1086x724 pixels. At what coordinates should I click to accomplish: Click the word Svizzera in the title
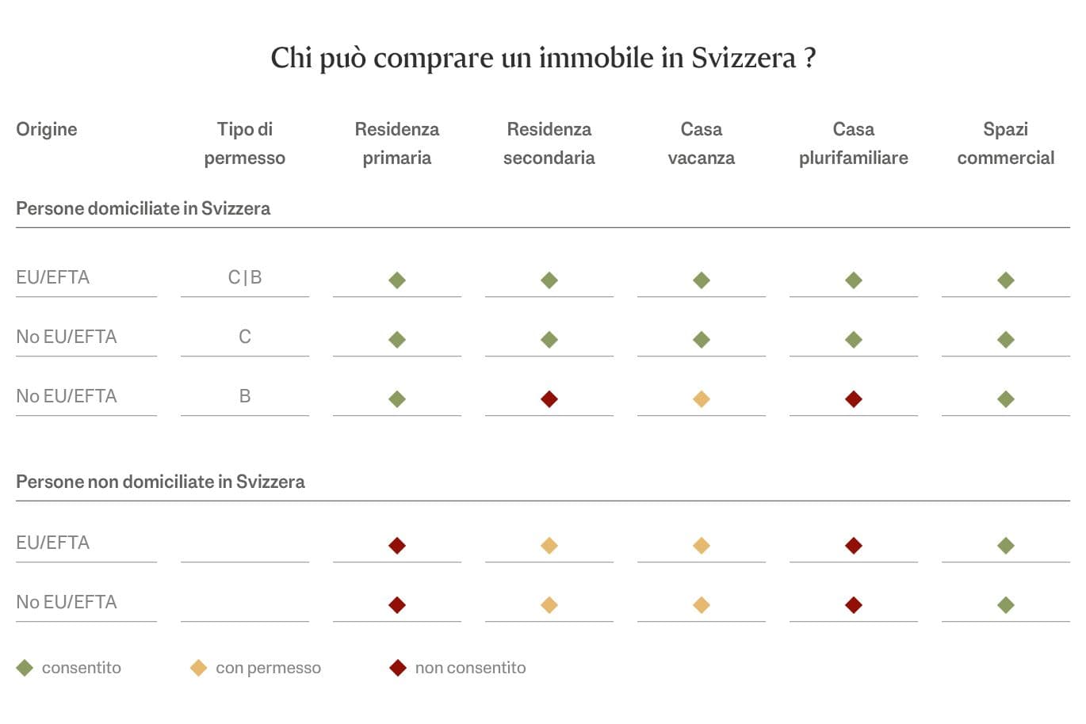coord(743,58)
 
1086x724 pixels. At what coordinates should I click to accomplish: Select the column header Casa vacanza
coord(701,143)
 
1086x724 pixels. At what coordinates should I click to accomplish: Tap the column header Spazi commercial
coord(1005,143)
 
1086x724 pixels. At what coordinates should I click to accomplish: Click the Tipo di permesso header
coord(244,143)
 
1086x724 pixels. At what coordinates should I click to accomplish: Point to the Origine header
coord(47,129)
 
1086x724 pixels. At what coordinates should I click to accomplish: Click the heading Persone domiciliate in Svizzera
coord(143,208)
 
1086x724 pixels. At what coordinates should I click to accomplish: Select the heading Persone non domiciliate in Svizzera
coord(160,482)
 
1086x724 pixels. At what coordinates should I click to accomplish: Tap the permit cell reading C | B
coord(244,277)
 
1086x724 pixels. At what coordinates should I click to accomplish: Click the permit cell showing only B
coord(244,396)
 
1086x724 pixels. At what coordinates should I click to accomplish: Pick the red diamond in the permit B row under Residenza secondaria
coord(549,399)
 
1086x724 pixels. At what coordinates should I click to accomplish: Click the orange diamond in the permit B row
coord(701,399)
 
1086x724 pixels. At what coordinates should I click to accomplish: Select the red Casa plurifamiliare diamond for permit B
coord(853,399)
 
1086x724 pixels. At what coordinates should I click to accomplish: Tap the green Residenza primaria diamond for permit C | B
coord(397,280)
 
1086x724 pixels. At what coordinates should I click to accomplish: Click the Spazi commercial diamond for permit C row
coord(1005,340)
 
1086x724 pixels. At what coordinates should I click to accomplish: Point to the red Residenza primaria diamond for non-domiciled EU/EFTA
coord(397,546)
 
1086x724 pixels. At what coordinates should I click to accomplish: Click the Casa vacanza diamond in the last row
coord(701,605)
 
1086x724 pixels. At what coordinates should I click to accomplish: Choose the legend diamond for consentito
coord(25,669)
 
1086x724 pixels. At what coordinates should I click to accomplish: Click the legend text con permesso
coord(268,668)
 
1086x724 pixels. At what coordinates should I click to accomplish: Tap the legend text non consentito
coord(470,668)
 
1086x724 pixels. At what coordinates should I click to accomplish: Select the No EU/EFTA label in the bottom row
coord(67,602)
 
